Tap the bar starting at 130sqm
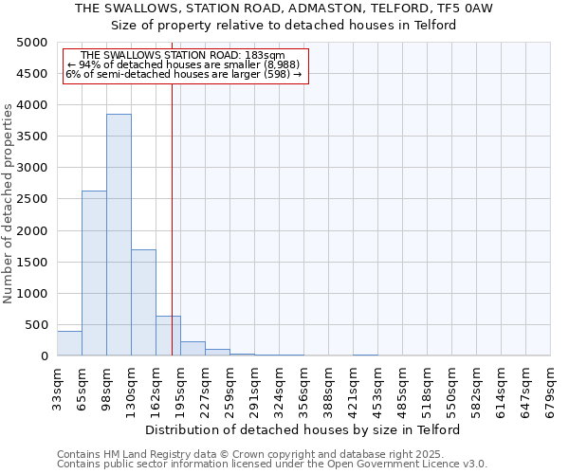tap(143, 302)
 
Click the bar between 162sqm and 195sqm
tap(168, 336)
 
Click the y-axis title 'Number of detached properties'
tap(9, 199)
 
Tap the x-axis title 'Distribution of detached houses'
tap(303, 429)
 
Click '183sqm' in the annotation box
tap(263, 56)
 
